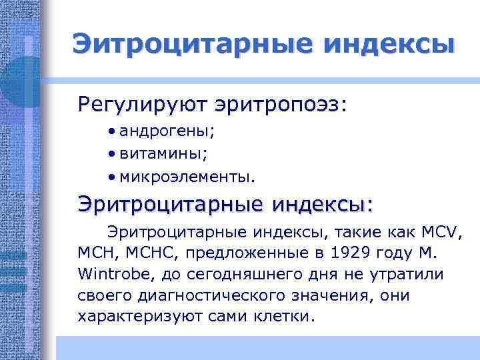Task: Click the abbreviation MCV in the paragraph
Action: [x=442, y=233]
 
